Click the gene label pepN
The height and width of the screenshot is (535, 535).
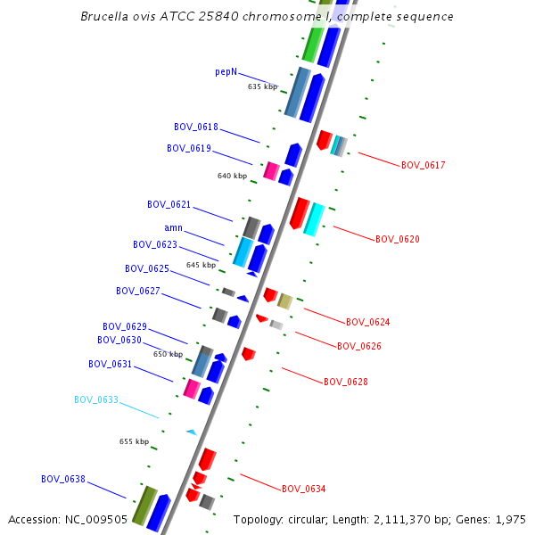pyautogui.click(x=226, y=71)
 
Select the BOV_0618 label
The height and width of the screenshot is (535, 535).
pyautogui.click(x=195, y=128)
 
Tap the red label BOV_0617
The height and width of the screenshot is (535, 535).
pyautogui.click(x=423, y=165)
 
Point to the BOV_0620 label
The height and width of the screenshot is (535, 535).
pyautogui.click(x=397, y=239)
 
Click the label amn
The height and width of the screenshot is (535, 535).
pyautogui.click(x=173, y=228)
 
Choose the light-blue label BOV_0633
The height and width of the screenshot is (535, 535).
pyautogui.click(x=96, y=399)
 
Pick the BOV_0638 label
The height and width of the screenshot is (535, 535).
pyautogui.click(x=63, y=479)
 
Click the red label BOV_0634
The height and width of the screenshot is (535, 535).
pyautogui.click(x=304, y=489)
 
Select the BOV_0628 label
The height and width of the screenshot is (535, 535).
pyautogui.click(x=346, y=382)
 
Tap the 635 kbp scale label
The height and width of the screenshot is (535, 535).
pyautogui.click(x=262, y=87)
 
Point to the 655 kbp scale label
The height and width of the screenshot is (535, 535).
pyautogui.click(x=135, y=441)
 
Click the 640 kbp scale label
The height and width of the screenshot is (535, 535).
pyautogui.click(x=232, y=176)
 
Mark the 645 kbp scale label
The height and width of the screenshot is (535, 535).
pyautogui.click(x=201, y=265)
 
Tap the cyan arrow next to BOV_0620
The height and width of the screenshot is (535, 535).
pyautogui.click(x=313, y=218)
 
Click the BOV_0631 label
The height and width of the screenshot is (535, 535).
pyautogui.click(x=110, y=364)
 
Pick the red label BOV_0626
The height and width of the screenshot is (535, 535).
pyautogui.click(x=359, y=346)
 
